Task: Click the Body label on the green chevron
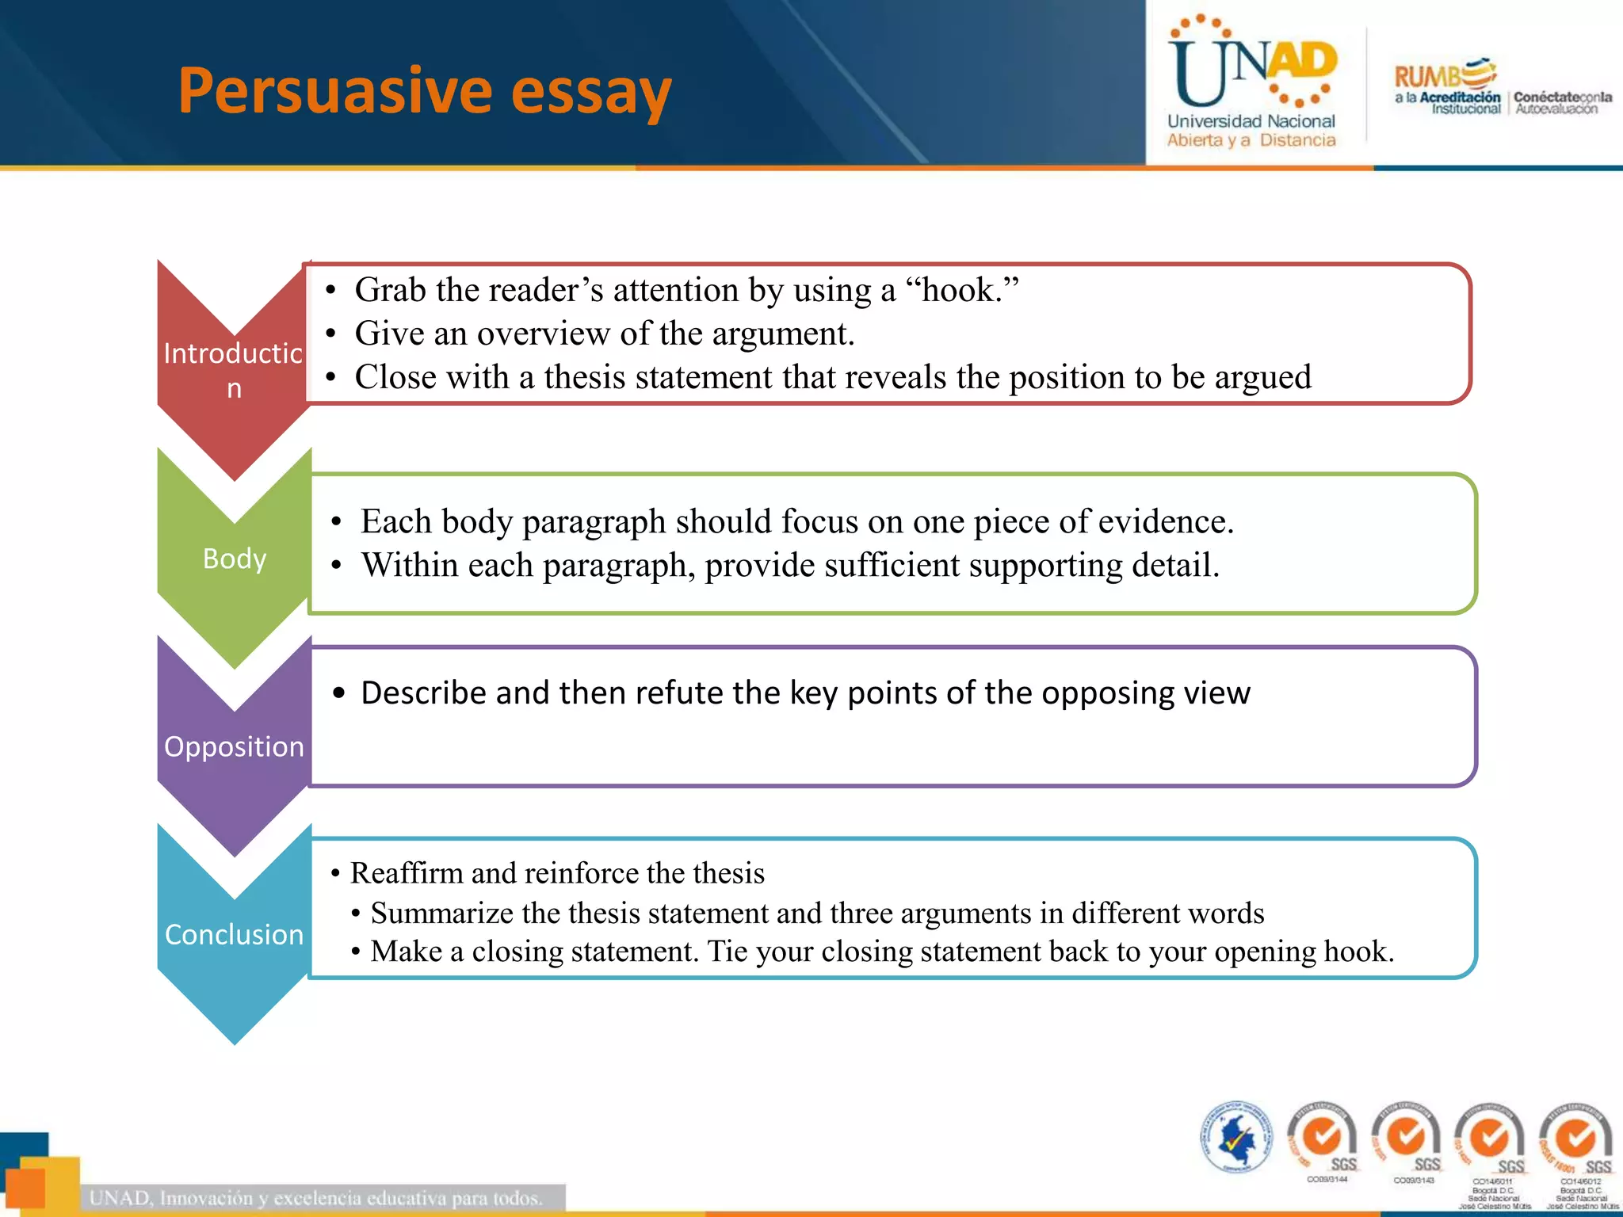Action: point(235,559)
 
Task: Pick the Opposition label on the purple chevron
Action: point(234,746)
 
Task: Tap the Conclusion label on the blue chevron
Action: point(234,934)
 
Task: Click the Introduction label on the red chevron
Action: point(233,369)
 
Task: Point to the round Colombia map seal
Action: point(1235,1137)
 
